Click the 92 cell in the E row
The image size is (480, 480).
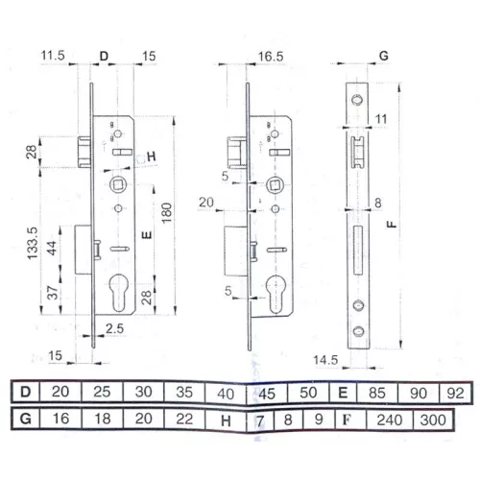tap(455, 394)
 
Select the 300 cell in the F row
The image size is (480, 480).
tap(433, 420)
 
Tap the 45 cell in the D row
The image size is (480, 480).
tap(267, 394)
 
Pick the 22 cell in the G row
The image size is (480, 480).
tap(184, 420)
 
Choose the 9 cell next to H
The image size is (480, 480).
tap(319, 420)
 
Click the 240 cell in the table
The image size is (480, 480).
tap(389, 420)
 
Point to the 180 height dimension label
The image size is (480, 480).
tap(167, 213)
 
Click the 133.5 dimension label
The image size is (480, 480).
tap(33, 243)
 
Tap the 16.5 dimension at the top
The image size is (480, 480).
tap(271, 57)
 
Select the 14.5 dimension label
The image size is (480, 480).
tap(325, 360)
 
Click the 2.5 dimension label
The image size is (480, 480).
tap(115, 328)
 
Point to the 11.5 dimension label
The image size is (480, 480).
tap(53, 56)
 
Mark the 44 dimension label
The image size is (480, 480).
tap(53, 248)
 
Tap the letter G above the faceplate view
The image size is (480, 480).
tap(384, 56)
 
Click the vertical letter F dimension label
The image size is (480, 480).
tap(392, 225)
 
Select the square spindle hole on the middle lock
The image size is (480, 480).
tap(275, 185)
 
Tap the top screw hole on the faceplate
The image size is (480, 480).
tap(357, 100)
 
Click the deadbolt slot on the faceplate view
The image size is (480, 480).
tap(358, 250)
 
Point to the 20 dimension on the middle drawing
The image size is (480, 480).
tap(206, 203)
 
